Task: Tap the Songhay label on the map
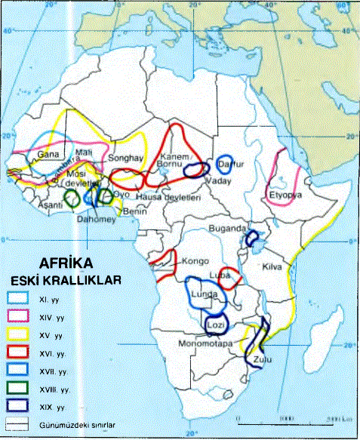(125, 159)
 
